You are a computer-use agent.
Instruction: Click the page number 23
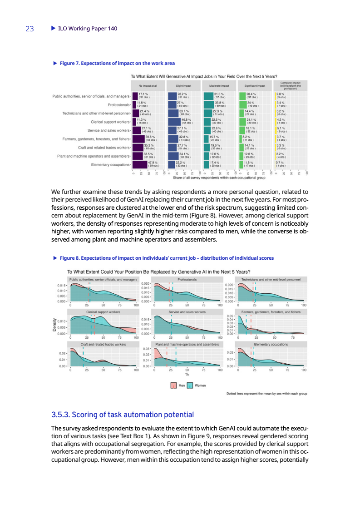tap(30, 29)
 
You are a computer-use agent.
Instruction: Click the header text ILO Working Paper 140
tap(84, 29)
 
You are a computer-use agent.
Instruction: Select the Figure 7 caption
tap(117, 63)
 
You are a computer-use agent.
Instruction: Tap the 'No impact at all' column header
tap(148, 85)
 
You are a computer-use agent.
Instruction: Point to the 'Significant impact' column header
tap(255, 85)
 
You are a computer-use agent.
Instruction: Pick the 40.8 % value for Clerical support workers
tap(187, 121)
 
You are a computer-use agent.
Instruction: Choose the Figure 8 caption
tap(167, 258)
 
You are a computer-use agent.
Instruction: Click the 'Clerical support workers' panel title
tap(103, 312)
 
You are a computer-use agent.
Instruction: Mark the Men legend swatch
tap(173, 385)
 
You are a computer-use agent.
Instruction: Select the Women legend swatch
tap(190, 385)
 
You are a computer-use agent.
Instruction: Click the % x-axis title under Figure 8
tap(187, 375)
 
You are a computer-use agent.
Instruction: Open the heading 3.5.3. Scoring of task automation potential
tap(123, 415)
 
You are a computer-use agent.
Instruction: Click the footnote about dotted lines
tap(267, 394)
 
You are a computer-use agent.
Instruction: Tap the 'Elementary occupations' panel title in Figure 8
tap(271, 345)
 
